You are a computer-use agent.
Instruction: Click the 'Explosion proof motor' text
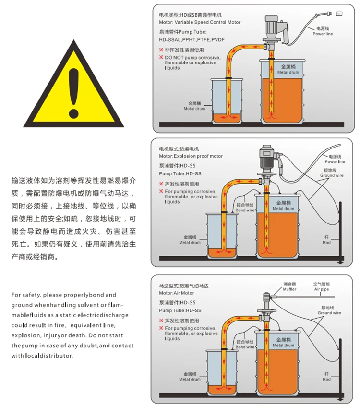click(198, 156)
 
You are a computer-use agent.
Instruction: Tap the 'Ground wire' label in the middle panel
click(332, 175)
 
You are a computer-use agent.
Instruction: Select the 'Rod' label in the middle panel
click(326, 243)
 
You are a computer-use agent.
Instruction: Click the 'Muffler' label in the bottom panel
click(289, 289)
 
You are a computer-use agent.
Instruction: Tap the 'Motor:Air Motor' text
click(177, 293)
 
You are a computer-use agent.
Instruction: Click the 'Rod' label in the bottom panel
click(326, 380)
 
